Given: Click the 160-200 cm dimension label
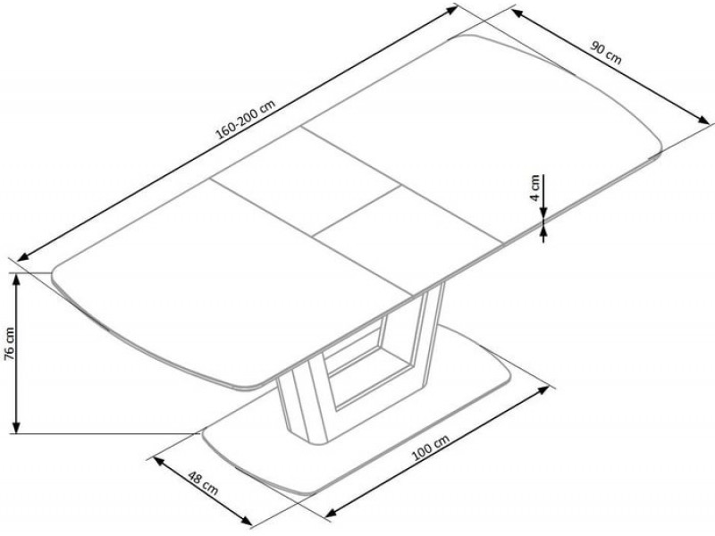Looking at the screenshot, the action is pos(246,120).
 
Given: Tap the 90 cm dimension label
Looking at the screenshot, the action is pos(606,53).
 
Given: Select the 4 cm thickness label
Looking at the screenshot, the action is pos(534,187).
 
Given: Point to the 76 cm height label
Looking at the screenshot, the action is pos(9,343).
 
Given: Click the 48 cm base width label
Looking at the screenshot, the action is pos(203,484).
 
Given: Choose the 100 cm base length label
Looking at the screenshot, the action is pos(431,448).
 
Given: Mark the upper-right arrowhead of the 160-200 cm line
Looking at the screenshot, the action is pos(451,9).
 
